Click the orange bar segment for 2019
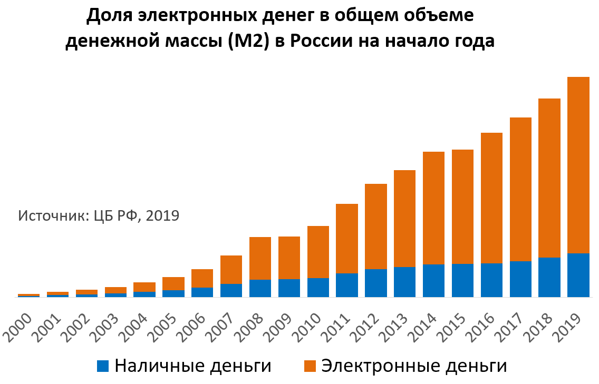578,165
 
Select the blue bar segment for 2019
578,275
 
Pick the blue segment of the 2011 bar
347,285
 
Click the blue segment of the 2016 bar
491,280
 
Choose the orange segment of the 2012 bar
376,227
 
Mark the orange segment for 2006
202,278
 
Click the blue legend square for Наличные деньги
103,366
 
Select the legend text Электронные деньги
414,366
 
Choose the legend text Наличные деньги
193,366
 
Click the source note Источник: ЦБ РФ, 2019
99,216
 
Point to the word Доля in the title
109,16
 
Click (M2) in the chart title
249,41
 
